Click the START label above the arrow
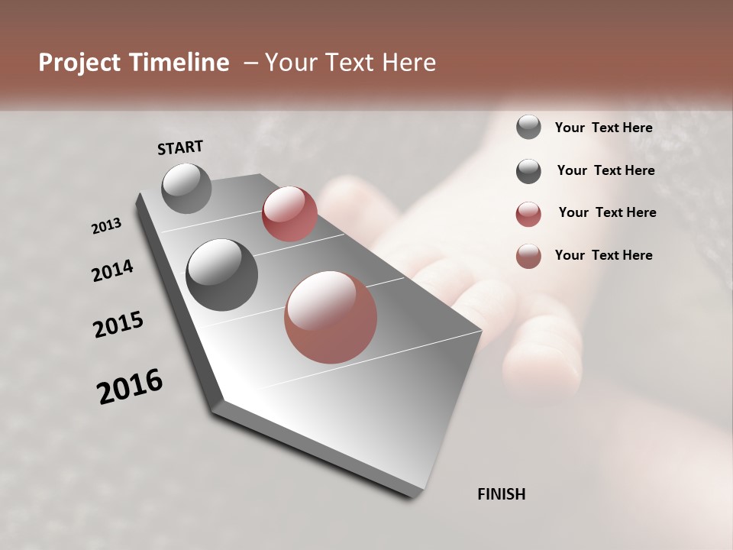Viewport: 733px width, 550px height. point(180,147)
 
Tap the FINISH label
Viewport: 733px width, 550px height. point(501,494)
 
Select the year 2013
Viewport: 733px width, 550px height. point(106,226)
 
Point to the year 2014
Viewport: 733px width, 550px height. point(112,271)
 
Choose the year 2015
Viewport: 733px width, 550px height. point(118,325)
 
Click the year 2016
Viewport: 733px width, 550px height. point(130,387)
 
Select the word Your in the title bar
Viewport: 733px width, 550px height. point(289,63)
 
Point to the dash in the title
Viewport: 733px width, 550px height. point(250,63)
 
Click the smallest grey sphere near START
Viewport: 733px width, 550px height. point(186,188)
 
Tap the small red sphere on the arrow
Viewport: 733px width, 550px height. point(289,213)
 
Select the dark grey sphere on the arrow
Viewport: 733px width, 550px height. point(221,274)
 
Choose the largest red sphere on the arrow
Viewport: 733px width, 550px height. point(331,317)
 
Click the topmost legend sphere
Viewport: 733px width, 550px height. point(528,128)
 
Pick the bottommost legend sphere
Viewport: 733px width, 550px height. point(528,256)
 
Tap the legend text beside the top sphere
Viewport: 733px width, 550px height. point(603,128)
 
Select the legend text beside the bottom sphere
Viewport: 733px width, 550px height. point(603,255)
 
